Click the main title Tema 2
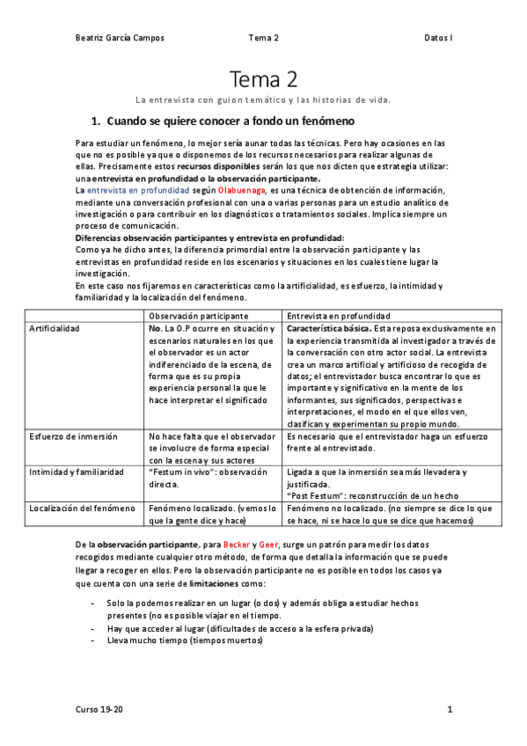[x=263, y=81]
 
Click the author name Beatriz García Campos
[x=120, y=38]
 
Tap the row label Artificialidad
[x=55, y=328]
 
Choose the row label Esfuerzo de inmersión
[x=72, y=435]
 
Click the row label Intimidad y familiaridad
[x=76, y=472]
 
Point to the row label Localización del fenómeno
[x=83, y=508]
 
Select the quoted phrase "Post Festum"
[x=315, y=495]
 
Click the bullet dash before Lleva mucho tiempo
[x=94, y=640]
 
